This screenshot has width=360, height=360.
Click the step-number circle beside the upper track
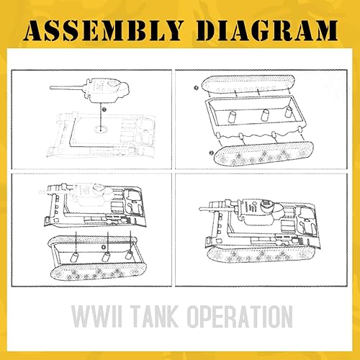tap(195, 87)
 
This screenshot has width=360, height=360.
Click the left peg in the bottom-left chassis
tap(73, 257)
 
